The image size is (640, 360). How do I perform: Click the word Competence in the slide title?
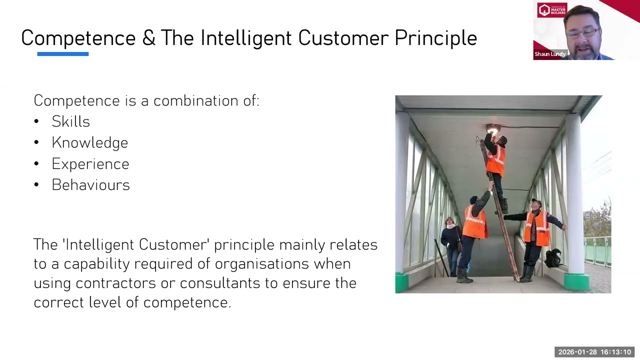[x=78, y=38]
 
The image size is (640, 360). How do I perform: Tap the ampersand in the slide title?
[x=148, y=38]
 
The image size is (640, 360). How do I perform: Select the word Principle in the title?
[x=435, y=38]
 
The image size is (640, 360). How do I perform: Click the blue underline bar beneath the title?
[x=62, y=54]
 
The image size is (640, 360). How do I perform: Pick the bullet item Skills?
[x=70, y=121]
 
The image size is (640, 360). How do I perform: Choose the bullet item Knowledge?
[x=89, y=143]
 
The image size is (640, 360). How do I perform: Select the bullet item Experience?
[x=90, y=164]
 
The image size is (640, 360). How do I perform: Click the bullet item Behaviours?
[x=90, y=185]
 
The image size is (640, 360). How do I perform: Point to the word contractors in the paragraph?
[x=115, y=283]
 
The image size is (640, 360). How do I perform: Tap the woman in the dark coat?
[x=450, y=240]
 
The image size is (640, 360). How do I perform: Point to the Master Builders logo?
[x=552, y=10]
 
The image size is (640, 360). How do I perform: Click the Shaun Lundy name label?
[x=550, y=54]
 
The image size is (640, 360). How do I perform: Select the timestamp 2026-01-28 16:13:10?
[x=594, y=352]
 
